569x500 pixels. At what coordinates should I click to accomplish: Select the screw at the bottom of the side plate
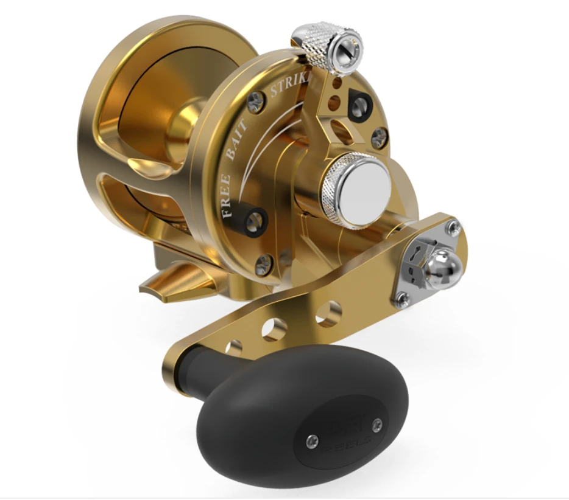click(264, 263)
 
